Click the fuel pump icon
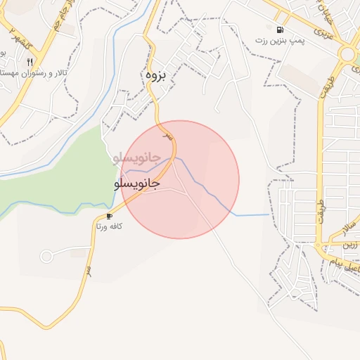(x=281, y=30)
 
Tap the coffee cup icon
(x=109, y=216)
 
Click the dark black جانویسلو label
(x=136, y=183)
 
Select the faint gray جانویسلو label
(x=136, y=158)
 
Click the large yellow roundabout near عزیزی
(x=347, y=54)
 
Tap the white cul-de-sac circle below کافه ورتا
(x=46, y=257)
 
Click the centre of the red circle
(x=179, y=179)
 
